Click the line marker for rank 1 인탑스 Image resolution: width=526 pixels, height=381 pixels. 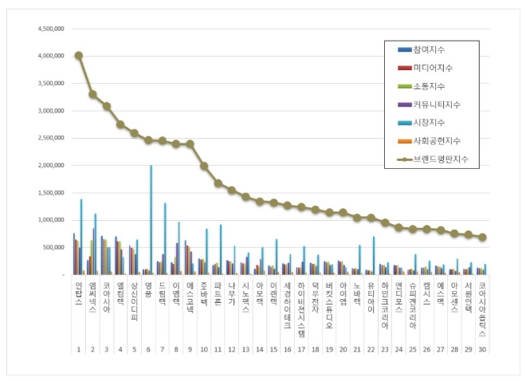point(78,56)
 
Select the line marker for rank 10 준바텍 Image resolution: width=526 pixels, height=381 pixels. point(204,166)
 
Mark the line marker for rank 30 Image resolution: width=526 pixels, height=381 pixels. point(482,238)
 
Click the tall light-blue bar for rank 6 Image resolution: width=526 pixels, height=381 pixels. point(151,220)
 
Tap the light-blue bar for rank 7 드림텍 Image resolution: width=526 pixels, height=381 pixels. point(165,238)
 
